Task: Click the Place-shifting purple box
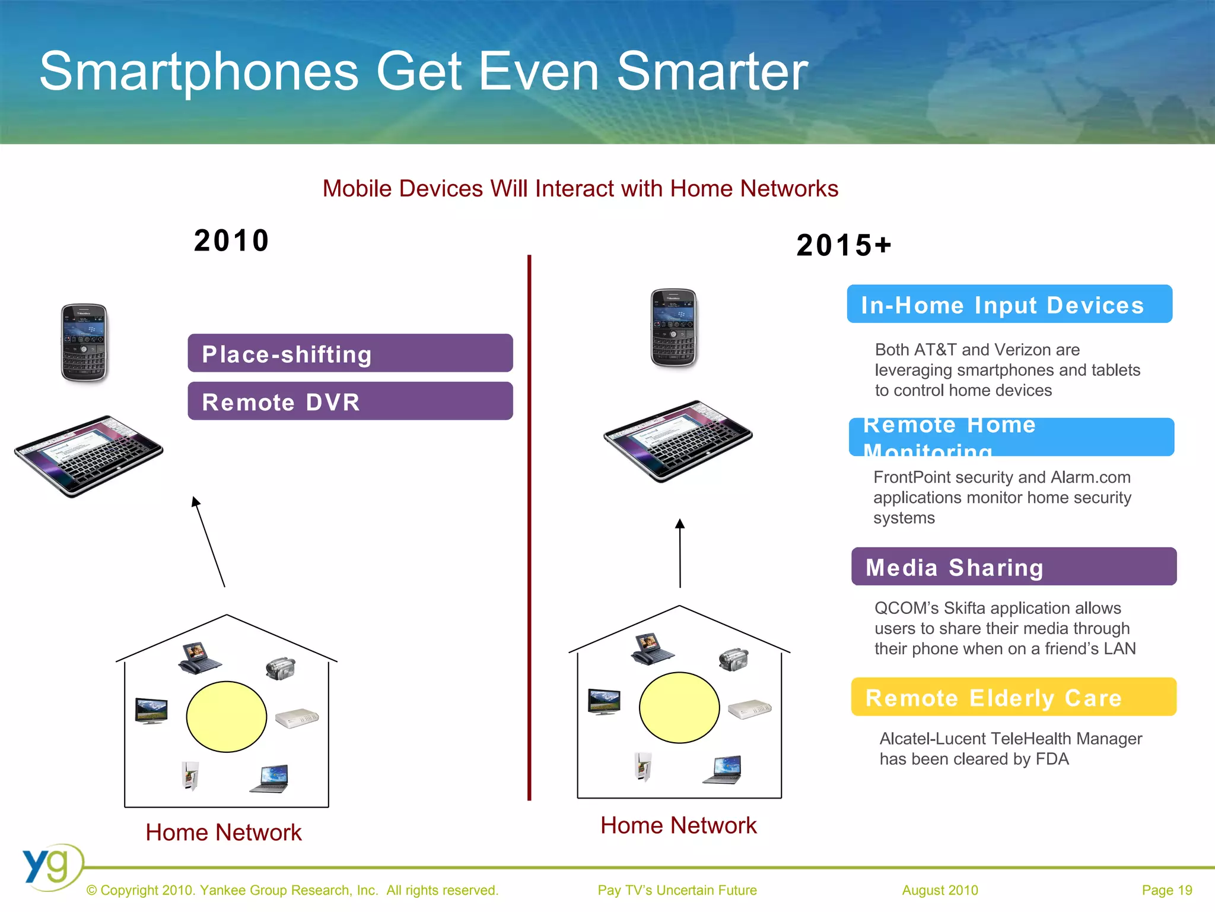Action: (x=350, y=353)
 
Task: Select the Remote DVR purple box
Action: (x=350, y=401)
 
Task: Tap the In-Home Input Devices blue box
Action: (x=1009, y=304)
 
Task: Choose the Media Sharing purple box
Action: (x=1013, y=566)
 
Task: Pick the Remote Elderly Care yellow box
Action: (x=1013, y=696)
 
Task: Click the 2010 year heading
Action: (x=231, y=240)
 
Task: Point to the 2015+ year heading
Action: (x=844, y=245)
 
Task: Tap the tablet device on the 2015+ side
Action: (x=678, y=441)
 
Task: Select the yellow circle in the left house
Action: (x=227, y=717)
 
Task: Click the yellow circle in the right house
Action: (x=679, y=707)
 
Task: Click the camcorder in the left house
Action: (x=281, y=668)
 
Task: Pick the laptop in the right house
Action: (x=723, y=770)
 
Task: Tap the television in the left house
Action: (x=151, y=711)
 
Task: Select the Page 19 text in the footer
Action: (x=1166, y=890)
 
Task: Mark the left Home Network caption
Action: (x=224, y=832)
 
